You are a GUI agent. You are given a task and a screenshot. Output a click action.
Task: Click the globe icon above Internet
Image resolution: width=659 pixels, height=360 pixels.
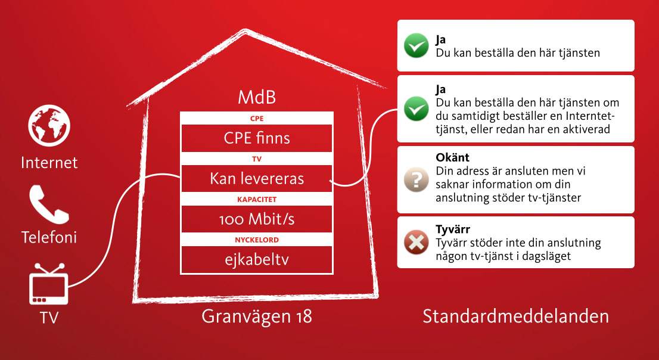pos(49,126)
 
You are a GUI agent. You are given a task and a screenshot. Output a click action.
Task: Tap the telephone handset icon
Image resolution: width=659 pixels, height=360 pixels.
pos(49,204)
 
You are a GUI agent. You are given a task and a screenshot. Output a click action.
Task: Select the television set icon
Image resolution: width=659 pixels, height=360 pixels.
pos(49,284)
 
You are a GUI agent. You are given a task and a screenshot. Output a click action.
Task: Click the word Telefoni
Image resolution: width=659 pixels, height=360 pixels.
pos(49,238)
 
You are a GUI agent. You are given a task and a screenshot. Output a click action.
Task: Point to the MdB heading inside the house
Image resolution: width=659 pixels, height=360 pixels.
pos(257,97)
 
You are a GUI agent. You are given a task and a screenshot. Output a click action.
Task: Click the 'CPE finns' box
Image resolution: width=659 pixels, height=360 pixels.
pos(257,138)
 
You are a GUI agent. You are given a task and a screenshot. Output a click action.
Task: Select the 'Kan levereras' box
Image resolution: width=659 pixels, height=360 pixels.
pos(257,179)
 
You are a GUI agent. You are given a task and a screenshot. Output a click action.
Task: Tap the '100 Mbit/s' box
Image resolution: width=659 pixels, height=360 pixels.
pos(257,219)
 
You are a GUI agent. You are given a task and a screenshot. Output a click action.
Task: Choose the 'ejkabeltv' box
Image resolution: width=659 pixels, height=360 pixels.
pos(257,259)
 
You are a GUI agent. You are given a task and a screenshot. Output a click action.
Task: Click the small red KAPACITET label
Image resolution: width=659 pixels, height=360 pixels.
pos(257,199)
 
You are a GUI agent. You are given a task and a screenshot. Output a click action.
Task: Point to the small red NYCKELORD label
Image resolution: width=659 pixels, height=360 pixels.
pos(257,240)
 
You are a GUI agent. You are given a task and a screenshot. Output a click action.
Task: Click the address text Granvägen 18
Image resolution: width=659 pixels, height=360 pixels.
pos(257,316)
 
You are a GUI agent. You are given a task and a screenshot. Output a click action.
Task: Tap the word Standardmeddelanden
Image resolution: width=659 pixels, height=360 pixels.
pos(515,316)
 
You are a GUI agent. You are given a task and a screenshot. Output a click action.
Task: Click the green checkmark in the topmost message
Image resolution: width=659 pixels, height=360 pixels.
pos(416,45)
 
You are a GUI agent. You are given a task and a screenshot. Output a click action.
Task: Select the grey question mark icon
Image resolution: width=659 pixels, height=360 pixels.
pos(416,179)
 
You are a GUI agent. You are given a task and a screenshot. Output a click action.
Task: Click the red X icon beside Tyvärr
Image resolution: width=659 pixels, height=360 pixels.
pos(416,242)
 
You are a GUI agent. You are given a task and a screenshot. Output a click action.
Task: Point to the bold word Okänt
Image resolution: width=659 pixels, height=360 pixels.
pos(453,158)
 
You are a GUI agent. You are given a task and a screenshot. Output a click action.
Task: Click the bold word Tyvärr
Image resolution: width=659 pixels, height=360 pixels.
pos(453,229)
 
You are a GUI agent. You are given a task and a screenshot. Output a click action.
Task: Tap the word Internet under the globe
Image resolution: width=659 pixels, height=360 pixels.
pos(49,163)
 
